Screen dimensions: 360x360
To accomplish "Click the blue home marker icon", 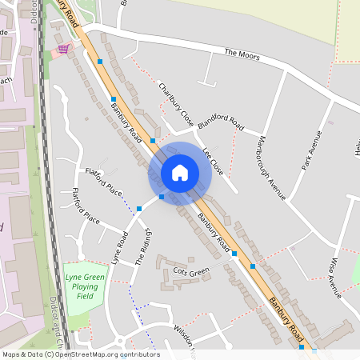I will pyautogui.click(x=180, y=172).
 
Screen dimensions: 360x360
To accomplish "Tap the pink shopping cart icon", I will pyautogui.click(x=62, y=49).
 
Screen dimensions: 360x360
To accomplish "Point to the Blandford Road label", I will pyautogui.click(x=222, y=122).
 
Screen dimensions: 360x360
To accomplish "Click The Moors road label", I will pyautogui.click(x=242, y=54).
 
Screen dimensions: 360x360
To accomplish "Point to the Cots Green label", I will pyautogui.click(x=191, y=273).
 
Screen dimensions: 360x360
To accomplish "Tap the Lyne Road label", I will pyautogui.click(x=121, y=249).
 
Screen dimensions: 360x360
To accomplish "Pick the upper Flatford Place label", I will pyautogui.click(x=104, y=182).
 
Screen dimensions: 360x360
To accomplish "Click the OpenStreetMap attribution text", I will pyautogui.click(x=81, y=354).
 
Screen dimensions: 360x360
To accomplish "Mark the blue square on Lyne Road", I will pyautogui.click(x=139, y=208).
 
